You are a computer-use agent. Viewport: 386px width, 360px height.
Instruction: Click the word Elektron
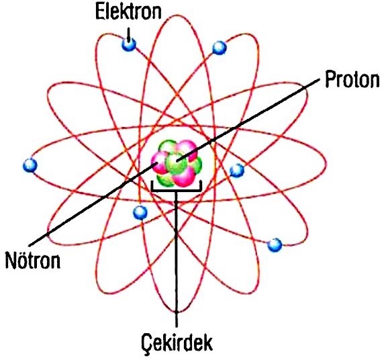point(128,11)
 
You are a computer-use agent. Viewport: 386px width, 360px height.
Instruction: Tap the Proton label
point(352,79)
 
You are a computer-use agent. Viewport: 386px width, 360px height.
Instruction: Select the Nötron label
point(33,260)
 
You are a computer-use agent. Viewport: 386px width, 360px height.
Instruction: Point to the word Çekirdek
point(177,343)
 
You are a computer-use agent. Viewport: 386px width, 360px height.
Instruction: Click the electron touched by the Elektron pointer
point(129,44)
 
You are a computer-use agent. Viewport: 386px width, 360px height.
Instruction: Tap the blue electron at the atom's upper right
point(219,48)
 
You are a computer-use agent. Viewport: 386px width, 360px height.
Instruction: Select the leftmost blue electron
point(30,165)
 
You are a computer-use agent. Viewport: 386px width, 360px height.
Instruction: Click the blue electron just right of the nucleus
point(237,170)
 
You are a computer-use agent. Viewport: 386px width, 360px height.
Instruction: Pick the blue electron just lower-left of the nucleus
point(140,212)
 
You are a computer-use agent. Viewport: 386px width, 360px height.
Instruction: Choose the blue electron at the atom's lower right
point(275,244)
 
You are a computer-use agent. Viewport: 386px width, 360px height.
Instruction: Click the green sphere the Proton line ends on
point(177,163)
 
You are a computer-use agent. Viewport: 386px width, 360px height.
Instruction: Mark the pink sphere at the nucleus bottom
point(183,177)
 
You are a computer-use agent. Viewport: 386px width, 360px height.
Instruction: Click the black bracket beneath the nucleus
point(177,190)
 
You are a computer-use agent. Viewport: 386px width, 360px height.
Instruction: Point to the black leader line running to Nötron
point(93,204)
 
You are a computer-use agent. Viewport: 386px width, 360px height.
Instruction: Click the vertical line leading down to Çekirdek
point(177,259)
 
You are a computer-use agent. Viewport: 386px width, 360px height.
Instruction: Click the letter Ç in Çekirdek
point(146,343)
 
